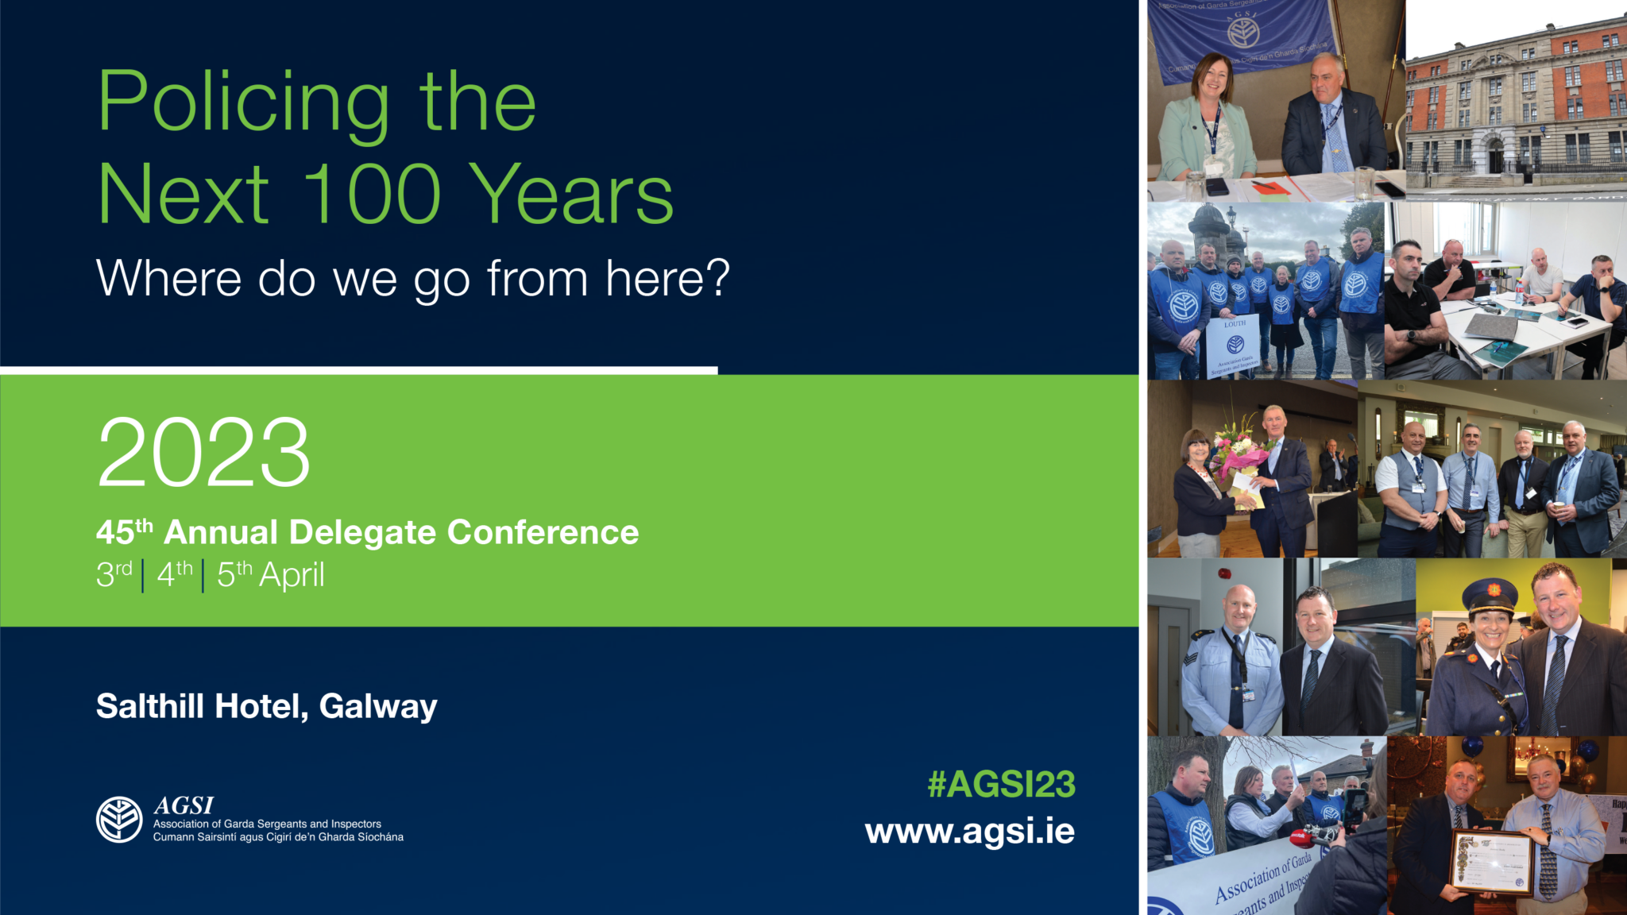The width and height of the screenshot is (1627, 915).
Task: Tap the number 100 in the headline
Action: coord(372,194)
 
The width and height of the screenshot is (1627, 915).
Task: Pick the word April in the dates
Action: coord(292,574)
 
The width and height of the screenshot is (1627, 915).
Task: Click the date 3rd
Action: coord(114,573)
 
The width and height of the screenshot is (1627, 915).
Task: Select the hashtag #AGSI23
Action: coord(1001,785)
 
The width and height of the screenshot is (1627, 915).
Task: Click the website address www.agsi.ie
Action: coord(969,832)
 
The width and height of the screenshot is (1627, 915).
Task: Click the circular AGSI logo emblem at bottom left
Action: coord(119,820)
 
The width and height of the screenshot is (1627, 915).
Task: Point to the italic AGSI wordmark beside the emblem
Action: coord(184,805)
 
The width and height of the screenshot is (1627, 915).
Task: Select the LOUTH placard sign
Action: coord(1234,346)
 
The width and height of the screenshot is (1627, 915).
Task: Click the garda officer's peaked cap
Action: coord(1490,594)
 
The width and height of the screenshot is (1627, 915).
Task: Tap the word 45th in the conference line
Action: coord(124,531)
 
